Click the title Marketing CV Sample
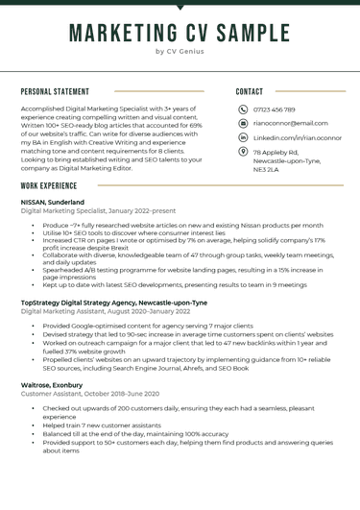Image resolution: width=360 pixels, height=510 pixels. (180, 33)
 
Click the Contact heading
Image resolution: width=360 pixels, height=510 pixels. (250, 92)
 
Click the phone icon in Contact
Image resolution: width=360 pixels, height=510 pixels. (243, 109)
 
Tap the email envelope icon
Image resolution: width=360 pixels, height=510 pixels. (243, 123)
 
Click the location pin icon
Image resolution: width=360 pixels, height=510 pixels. (243, 152)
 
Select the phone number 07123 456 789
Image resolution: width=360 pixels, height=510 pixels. (275, 109)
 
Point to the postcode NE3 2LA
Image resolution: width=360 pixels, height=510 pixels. (266, 169)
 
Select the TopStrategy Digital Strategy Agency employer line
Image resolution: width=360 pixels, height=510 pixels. (113, 302)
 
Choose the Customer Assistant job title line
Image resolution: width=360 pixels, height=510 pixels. (89, 393)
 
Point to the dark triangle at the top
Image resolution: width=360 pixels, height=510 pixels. (180, 7)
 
